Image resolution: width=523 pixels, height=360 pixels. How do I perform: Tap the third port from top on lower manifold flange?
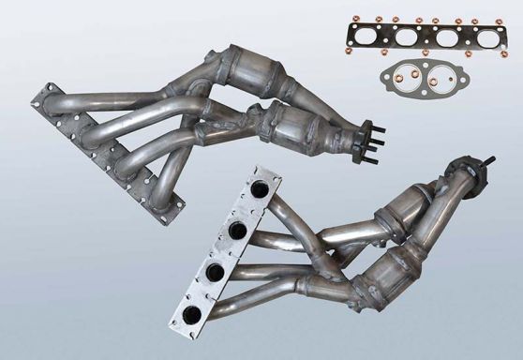[213, 272]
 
